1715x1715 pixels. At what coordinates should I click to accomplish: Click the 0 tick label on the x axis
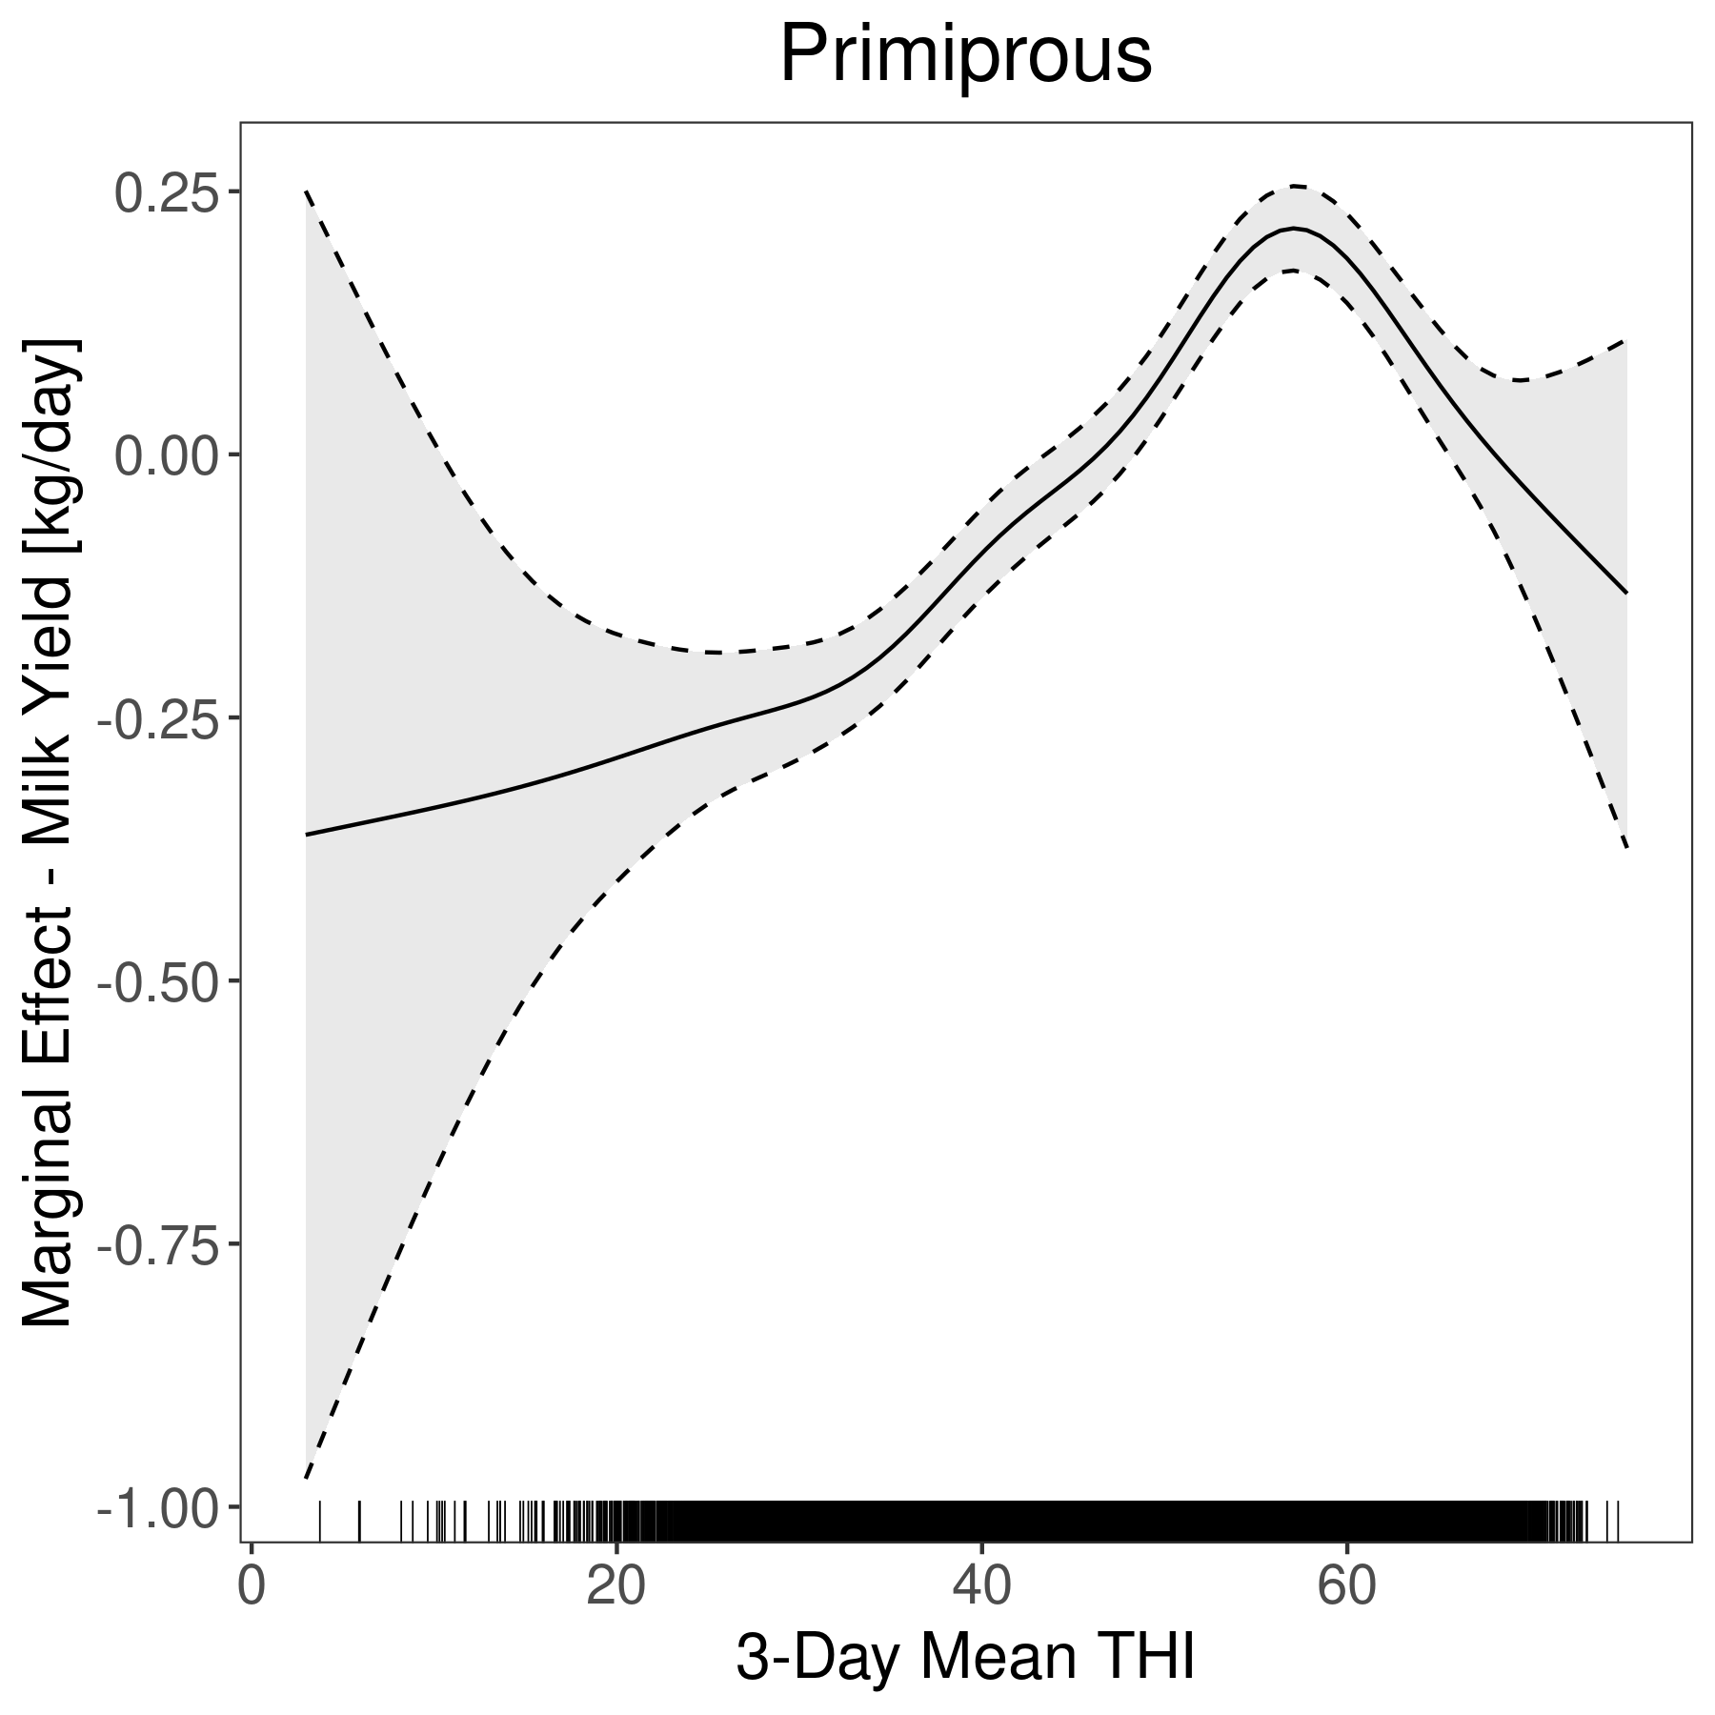pyautogui.click(x=251, y=1588)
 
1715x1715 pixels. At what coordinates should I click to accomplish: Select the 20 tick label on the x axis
pyautogui.click(x=615, y=1588)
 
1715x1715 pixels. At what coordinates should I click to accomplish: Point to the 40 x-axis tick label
pyautogui.click(x=981, y=1588)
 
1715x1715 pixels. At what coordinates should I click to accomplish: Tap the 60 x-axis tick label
pyautogui.click(x=1346, y=1588)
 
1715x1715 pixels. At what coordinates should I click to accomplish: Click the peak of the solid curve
pyautogui.click(x=1293, y=229)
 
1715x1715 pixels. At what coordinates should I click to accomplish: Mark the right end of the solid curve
pyautogui.click(x=1626, y=593)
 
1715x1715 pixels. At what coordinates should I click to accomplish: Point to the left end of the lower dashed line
pyautogui.click(x=306, y=1478)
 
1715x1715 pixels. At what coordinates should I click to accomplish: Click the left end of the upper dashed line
pyautogui.click(x=306, y=192)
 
